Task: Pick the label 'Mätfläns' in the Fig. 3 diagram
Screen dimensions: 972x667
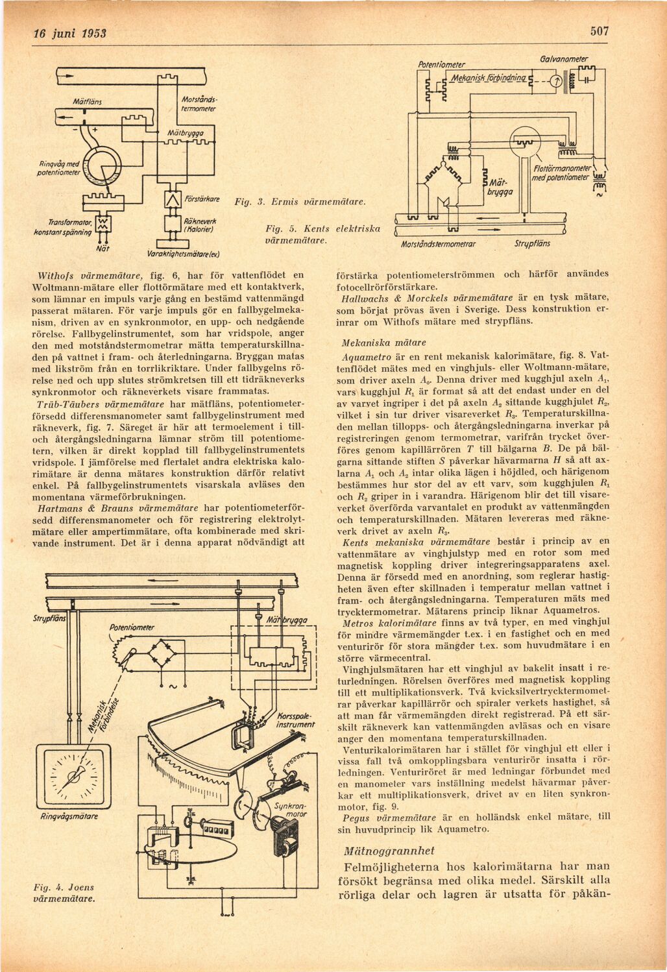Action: coord(91,102)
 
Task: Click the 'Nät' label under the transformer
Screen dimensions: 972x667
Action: coord(102,247)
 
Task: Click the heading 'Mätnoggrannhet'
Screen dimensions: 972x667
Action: coord(389,851)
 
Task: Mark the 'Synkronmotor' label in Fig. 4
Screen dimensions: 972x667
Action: coord(290,809)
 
